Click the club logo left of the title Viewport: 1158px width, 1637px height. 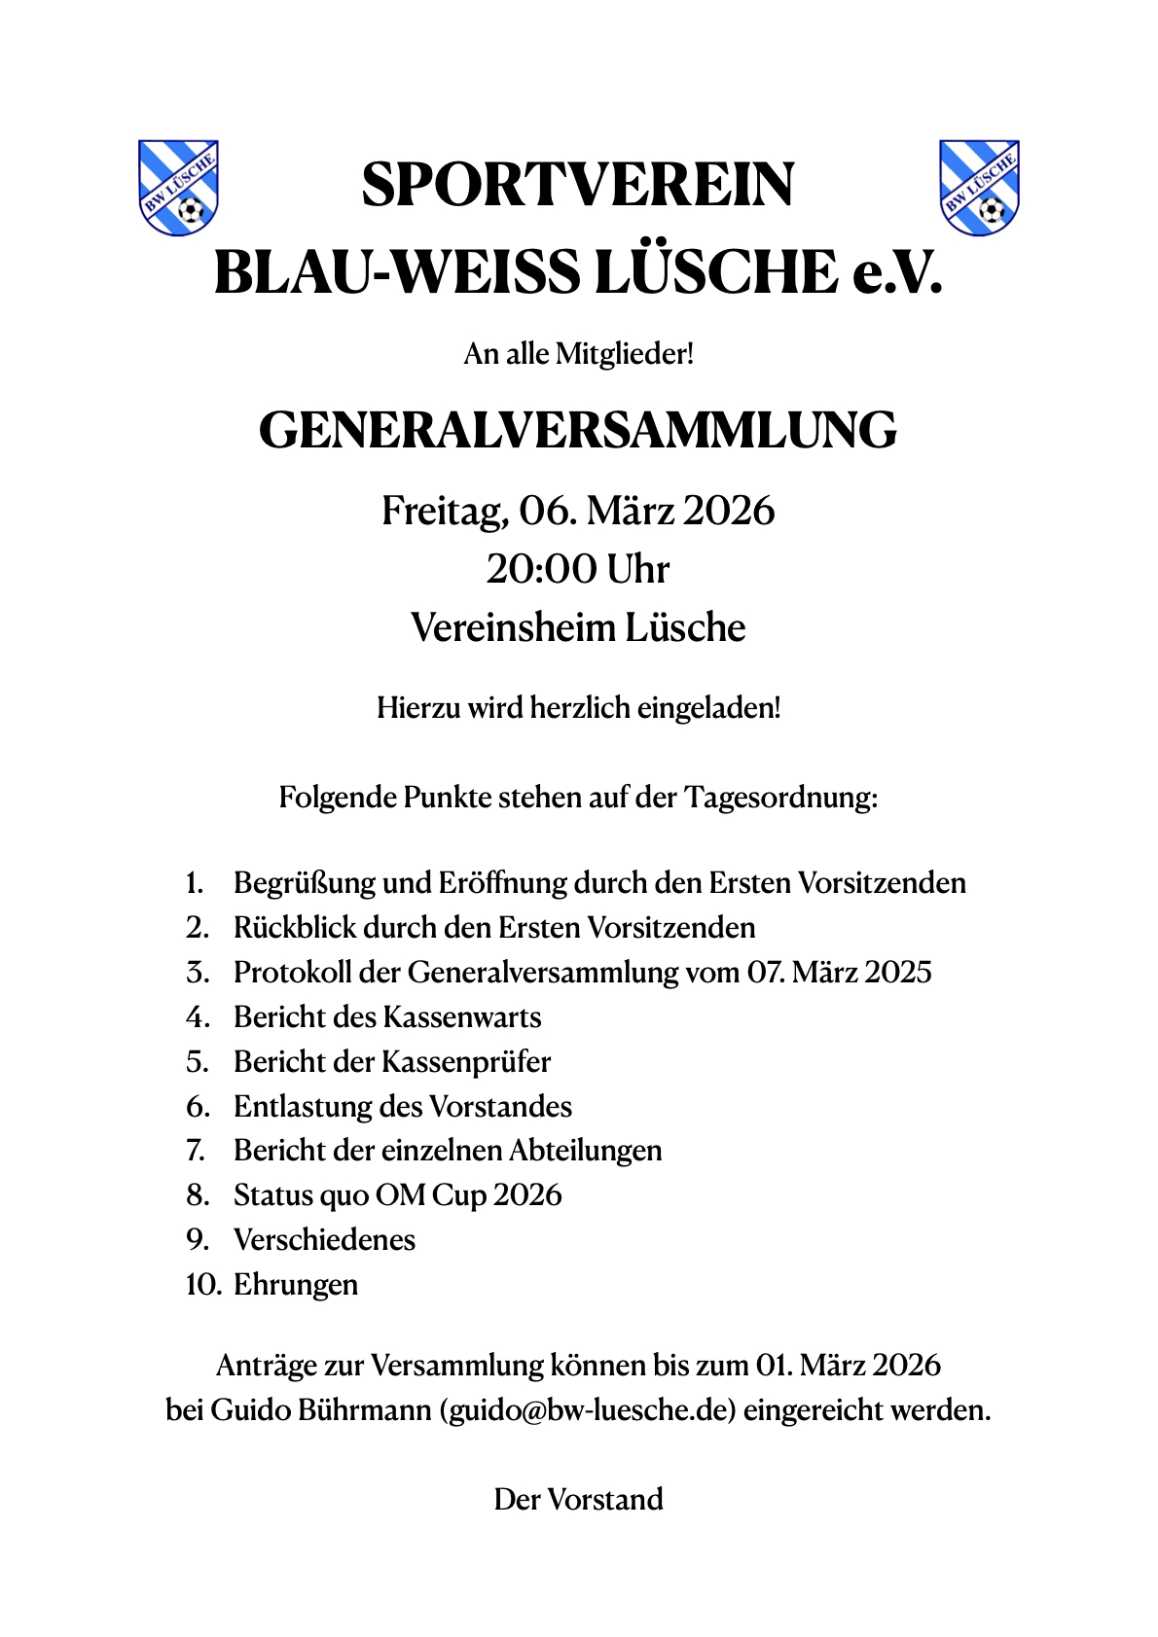178,188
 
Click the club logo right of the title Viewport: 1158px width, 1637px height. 979,188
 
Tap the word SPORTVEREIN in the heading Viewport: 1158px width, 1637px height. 578,185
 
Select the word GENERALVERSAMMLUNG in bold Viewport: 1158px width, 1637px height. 578,430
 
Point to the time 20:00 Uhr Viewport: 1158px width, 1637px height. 578,569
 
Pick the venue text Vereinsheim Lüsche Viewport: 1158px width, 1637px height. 578,627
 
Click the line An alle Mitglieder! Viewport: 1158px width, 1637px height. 578,353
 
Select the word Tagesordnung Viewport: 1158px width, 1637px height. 781,798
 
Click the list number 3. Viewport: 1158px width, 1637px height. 198,972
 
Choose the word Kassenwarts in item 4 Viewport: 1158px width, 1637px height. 462,1017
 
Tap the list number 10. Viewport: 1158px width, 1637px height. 202,1285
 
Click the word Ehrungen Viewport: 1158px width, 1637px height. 296,1285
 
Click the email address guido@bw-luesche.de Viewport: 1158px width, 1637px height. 587,1409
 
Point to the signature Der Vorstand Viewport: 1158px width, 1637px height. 578,1499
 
